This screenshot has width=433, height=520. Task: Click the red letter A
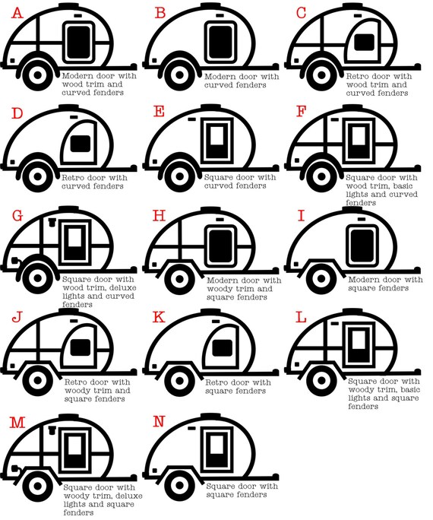tap(17, 13)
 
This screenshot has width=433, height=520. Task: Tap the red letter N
tap(160, 421)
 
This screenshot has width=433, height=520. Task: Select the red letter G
tap(17, 216)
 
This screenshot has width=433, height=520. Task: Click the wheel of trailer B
tap(179, 75)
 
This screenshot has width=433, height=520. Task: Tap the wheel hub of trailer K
tap(179, 380)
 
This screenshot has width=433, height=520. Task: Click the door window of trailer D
tap(81, 144)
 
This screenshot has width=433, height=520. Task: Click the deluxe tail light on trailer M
tap(14, 468)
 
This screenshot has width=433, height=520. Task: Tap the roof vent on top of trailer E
tap(211, 107)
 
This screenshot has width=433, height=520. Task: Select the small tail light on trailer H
tap(154, 265)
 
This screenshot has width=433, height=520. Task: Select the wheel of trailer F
tap(321, 176)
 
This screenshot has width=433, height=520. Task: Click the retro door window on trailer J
tap(81, 347)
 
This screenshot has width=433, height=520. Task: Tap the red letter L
tap(301, 317)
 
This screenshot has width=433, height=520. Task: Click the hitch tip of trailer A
tap(134, 66)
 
